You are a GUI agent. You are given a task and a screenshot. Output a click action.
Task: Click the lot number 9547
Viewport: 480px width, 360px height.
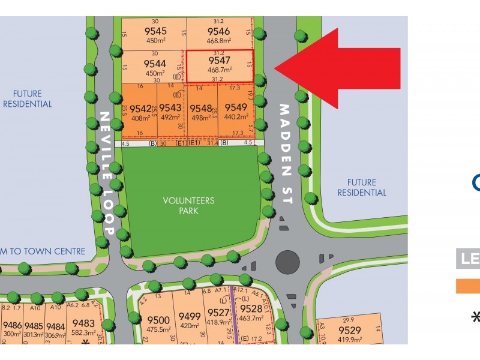(218, 61)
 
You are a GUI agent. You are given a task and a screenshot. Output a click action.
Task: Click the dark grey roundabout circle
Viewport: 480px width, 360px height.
(287, 262)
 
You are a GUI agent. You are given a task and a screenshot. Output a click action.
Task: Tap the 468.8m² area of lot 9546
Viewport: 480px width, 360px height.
(218, 41)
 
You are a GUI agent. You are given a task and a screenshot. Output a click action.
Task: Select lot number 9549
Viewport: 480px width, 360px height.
(236, 108)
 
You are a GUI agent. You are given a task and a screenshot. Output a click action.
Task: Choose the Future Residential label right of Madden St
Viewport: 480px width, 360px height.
(362, 187)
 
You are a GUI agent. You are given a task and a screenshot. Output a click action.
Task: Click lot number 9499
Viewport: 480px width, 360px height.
(190, 317)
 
